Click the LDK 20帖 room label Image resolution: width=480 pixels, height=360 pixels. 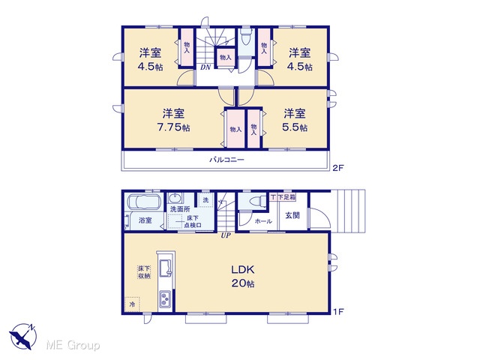coord(243,277)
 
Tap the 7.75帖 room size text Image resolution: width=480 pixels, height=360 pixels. coord(173,127)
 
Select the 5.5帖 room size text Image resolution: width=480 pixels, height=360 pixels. coord(295,127)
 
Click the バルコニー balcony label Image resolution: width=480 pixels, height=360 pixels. coord(226,160)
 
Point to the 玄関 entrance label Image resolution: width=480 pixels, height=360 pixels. coord(292,215)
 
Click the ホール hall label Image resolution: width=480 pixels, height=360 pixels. coord(263,221)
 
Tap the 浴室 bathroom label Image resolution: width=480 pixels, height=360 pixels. coord(145,220)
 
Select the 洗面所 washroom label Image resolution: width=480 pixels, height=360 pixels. coord(180,209)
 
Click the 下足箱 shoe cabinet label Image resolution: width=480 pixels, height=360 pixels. coord(286,197)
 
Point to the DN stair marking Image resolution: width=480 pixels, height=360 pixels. coord(205,67)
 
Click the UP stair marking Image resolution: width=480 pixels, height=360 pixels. coord(226,235)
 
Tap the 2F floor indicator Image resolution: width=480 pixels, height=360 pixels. coord(338,168)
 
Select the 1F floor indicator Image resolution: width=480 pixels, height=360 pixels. coord(338,312)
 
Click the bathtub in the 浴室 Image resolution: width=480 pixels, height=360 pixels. coord(145,202)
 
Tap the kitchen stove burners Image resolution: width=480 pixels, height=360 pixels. coord(166,299)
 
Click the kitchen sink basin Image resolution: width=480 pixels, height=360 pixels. coord(165,268)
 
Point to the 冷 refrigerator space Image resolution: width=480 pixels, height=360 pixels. coord(132,304)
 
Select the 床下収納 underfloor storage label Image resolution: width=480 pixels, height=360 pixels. coord(144,272)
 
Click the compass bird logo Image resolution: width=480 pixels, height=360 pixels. coord(23,336)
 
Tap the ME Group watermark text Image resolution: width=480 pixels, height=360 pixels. coord(73,345)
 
